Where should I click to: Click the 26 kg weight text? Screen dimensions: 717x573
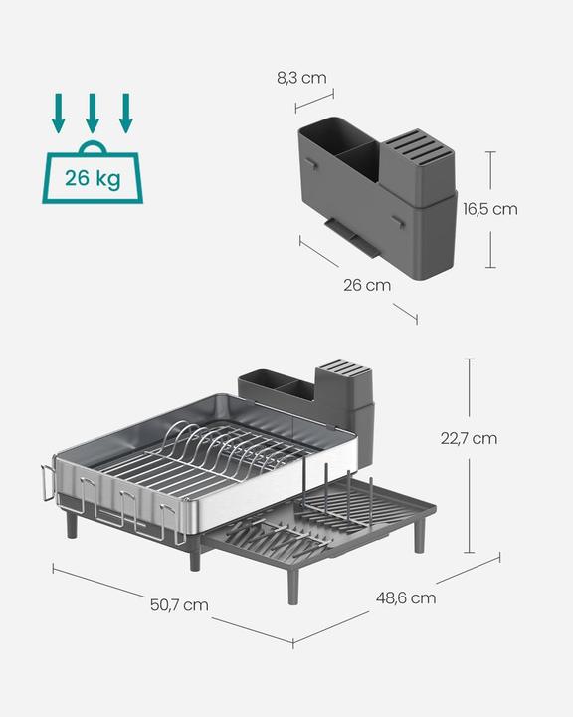92,179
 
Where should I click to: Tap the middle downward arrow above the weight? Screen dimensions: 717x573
92,114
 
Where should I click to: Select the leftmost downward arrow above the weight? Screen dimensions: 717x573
59,114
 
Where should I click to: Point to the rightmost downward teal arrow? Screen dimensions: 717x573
125,114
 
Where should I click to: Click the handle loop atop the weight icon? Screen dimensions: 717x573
92,148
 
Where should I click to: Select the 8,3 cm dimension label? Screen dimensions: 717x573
300,77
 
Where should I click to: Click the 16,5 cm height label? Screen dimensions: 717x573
490,209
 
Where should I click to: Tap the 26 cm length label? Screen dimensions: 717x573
366,285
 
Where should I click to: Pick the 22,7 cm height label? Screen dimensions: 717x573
469,437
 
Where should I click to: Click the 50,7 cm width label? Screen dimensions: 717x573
181,604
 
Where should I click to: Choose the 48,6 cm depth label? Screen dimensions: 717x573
406,597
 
